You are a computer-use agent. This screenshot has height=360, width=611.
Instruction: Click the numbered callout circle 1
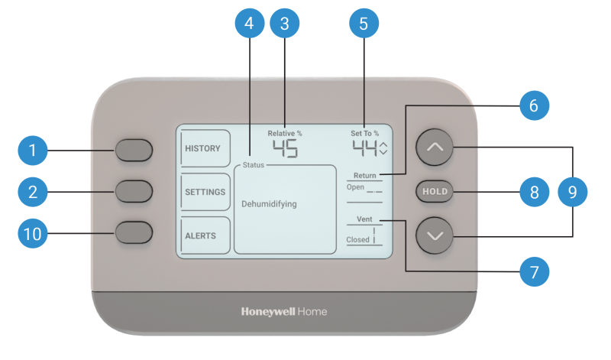[x=33, y=151]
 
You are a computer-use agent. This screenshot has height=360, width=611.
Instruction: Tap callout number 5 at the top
[x=364, y=24]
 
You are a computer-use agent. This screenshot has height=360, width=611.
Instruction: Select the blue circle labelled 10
[x=33, y=234]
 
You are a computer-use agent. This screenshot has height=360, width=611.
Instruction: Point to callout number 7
[x=534, y=271]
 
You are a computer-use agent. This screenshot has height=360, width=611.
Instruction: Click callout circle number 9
[x=573, y=192]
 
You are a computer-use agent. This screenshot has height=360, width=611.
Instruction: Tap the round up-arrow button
[x=435, y=148]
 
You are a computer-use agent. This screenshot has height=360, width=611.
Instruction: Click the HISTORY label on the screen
[x=202, y=148]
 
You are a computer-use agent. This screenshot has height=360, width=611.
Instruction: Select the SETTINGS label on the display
[x=205, y=192]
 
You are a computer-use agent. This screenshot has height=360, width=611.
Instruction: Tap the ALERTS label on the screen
[x=200, y=235]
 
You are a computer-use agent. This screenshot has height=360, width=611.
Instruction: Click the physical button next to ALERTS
[x=134, y=232]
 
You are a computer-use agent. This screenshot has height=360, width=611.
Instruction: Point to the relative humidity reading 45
[x=285, y=148]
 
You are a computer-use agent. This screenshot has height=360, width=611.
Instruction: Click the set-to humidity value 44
[x=364, y=148]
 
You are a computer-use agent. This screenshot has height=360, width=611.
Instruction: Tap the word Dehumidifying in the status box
[x=269, y=204]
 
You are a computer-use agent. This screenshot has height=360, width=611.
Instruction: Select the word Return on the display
[x=364, y=176]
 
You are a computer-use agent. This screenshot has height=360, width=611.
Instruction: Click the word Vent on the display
[x=364, y=219]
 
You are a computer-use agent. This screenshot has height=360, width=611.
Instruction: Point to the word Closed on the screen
[x=357, y=239]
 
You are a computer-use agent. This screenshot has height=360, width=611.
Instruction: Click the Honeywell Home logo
[x=284, y=312]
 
